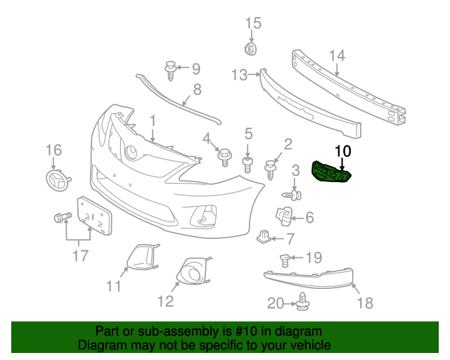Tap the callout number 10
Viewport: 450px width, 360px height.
pyautogui.click(x=342, y=150)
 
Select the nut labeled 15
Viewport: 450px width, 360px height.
pyautogui.click(x=247, y=49)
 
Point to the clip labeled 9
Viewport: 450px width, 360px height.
pyautogui.click(x=170, y=69)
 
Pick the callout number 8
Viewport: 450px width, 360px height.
pyautogui.click(x=197, y=89)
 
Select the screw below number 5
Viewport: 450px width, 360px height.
pyautogui.click(x=247, y=166)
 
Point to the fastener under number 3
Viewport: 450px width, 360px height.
pyautogui.click(x=295, y=193)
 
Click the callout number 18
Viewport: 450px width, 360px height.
pyautogui.click(x=365, y=303)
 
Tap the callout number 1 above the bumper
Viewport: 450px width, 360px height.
pyautogui.click(x=152, y=122)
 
